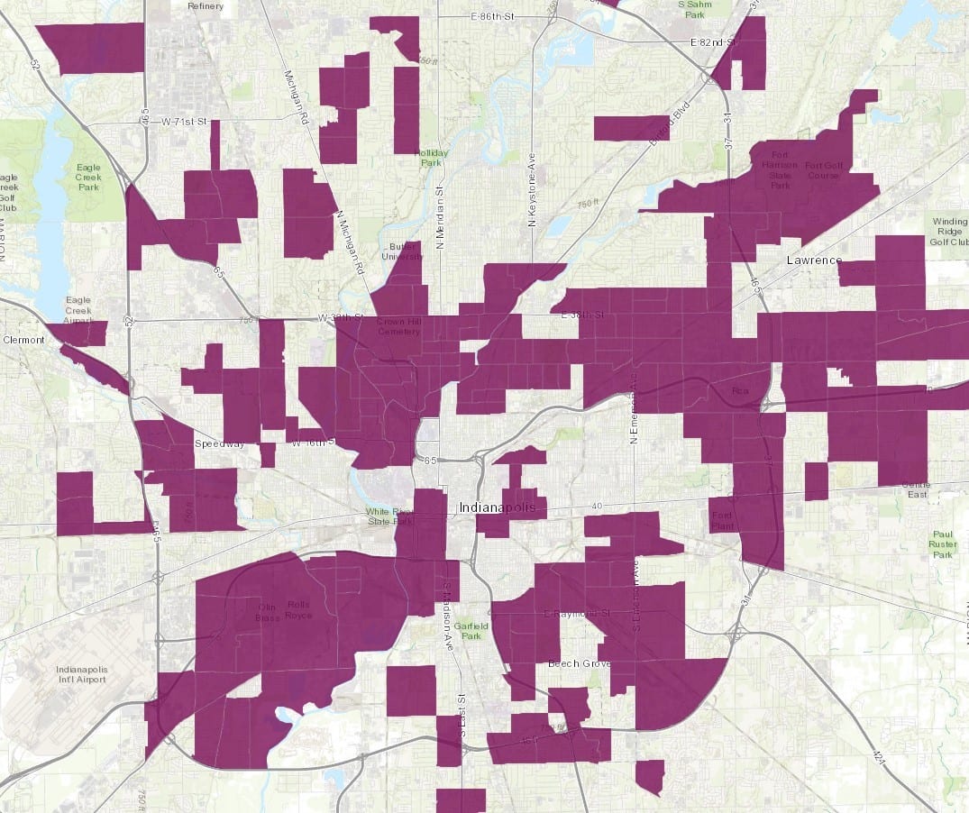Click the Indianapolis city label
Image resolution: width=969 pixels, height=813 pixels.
(498, 507)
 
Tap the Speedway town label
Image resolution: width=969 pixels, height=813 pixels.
(220, 444)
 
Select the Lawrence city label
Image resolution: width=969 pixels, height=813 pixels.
(812, 260)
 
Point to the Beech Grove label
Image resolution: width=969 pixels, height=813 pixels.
(579, 663)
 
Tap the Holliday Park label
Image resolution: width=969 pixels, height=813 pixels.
(431, 158)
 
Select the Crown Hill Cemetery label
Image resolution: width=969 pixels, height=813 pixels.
(398, 325)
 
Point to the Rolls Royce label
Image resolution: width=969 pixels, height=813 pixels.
(298, 609)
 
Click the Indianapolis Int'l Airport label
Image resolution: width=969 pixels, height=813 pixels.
(80, 674)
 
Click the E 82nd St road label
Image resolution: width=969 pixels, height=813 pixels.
(712, 42)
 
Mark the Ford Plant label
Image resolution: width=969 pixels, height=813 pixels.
(722, 520)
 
